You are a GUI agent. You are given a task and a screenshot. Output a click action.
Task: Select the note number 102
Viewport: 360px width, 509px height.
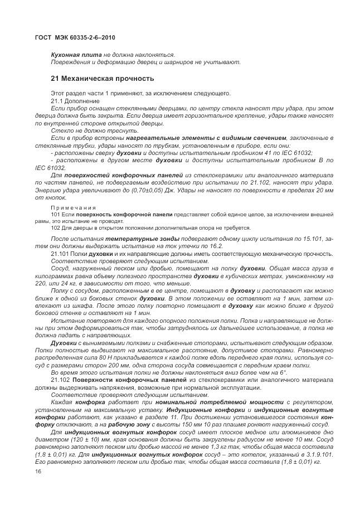point(55,227)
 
